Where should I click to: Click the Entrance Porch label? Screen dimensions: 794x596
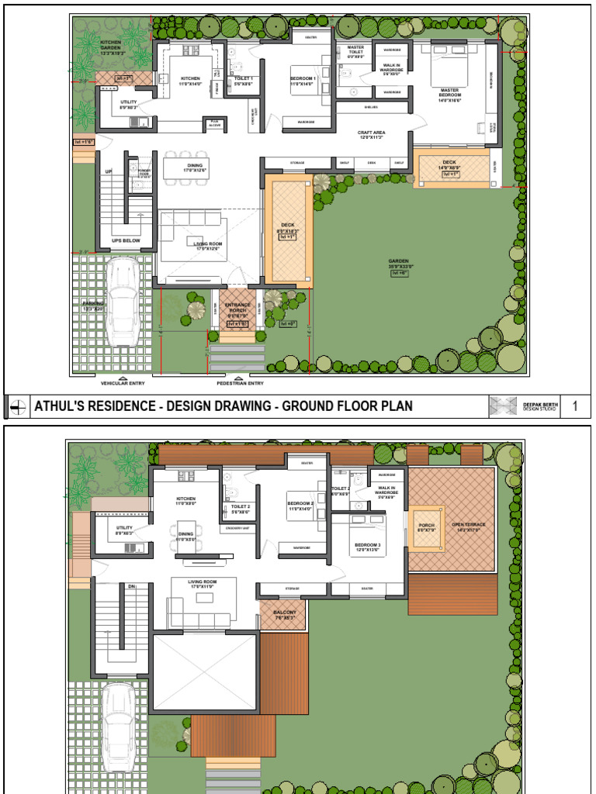237,308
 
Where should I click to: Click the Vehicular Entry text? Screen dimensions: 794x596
122,383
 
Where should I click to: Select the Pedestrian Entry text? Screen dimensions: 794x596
240,383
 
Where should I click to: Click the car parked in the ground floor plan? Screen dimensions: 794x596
123,302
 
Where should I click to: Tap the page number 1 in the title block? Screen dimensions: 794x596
575,406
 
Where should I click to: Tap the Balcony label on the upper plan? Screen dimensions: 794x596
285,613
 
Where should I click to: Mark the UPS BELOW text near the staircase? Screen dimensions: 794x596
126,240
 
